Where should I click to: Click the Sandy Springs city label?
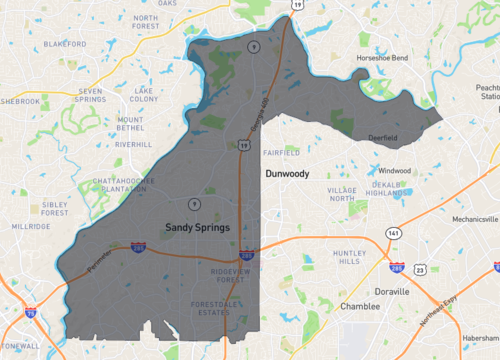coord(197,228)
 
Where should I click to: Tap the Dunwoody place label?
coord(289,174)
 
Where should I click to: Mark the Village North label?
coord(342,194)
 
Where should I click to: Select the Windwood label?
coord(394,170)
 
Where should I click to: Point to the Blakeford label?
coord(65,44)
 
